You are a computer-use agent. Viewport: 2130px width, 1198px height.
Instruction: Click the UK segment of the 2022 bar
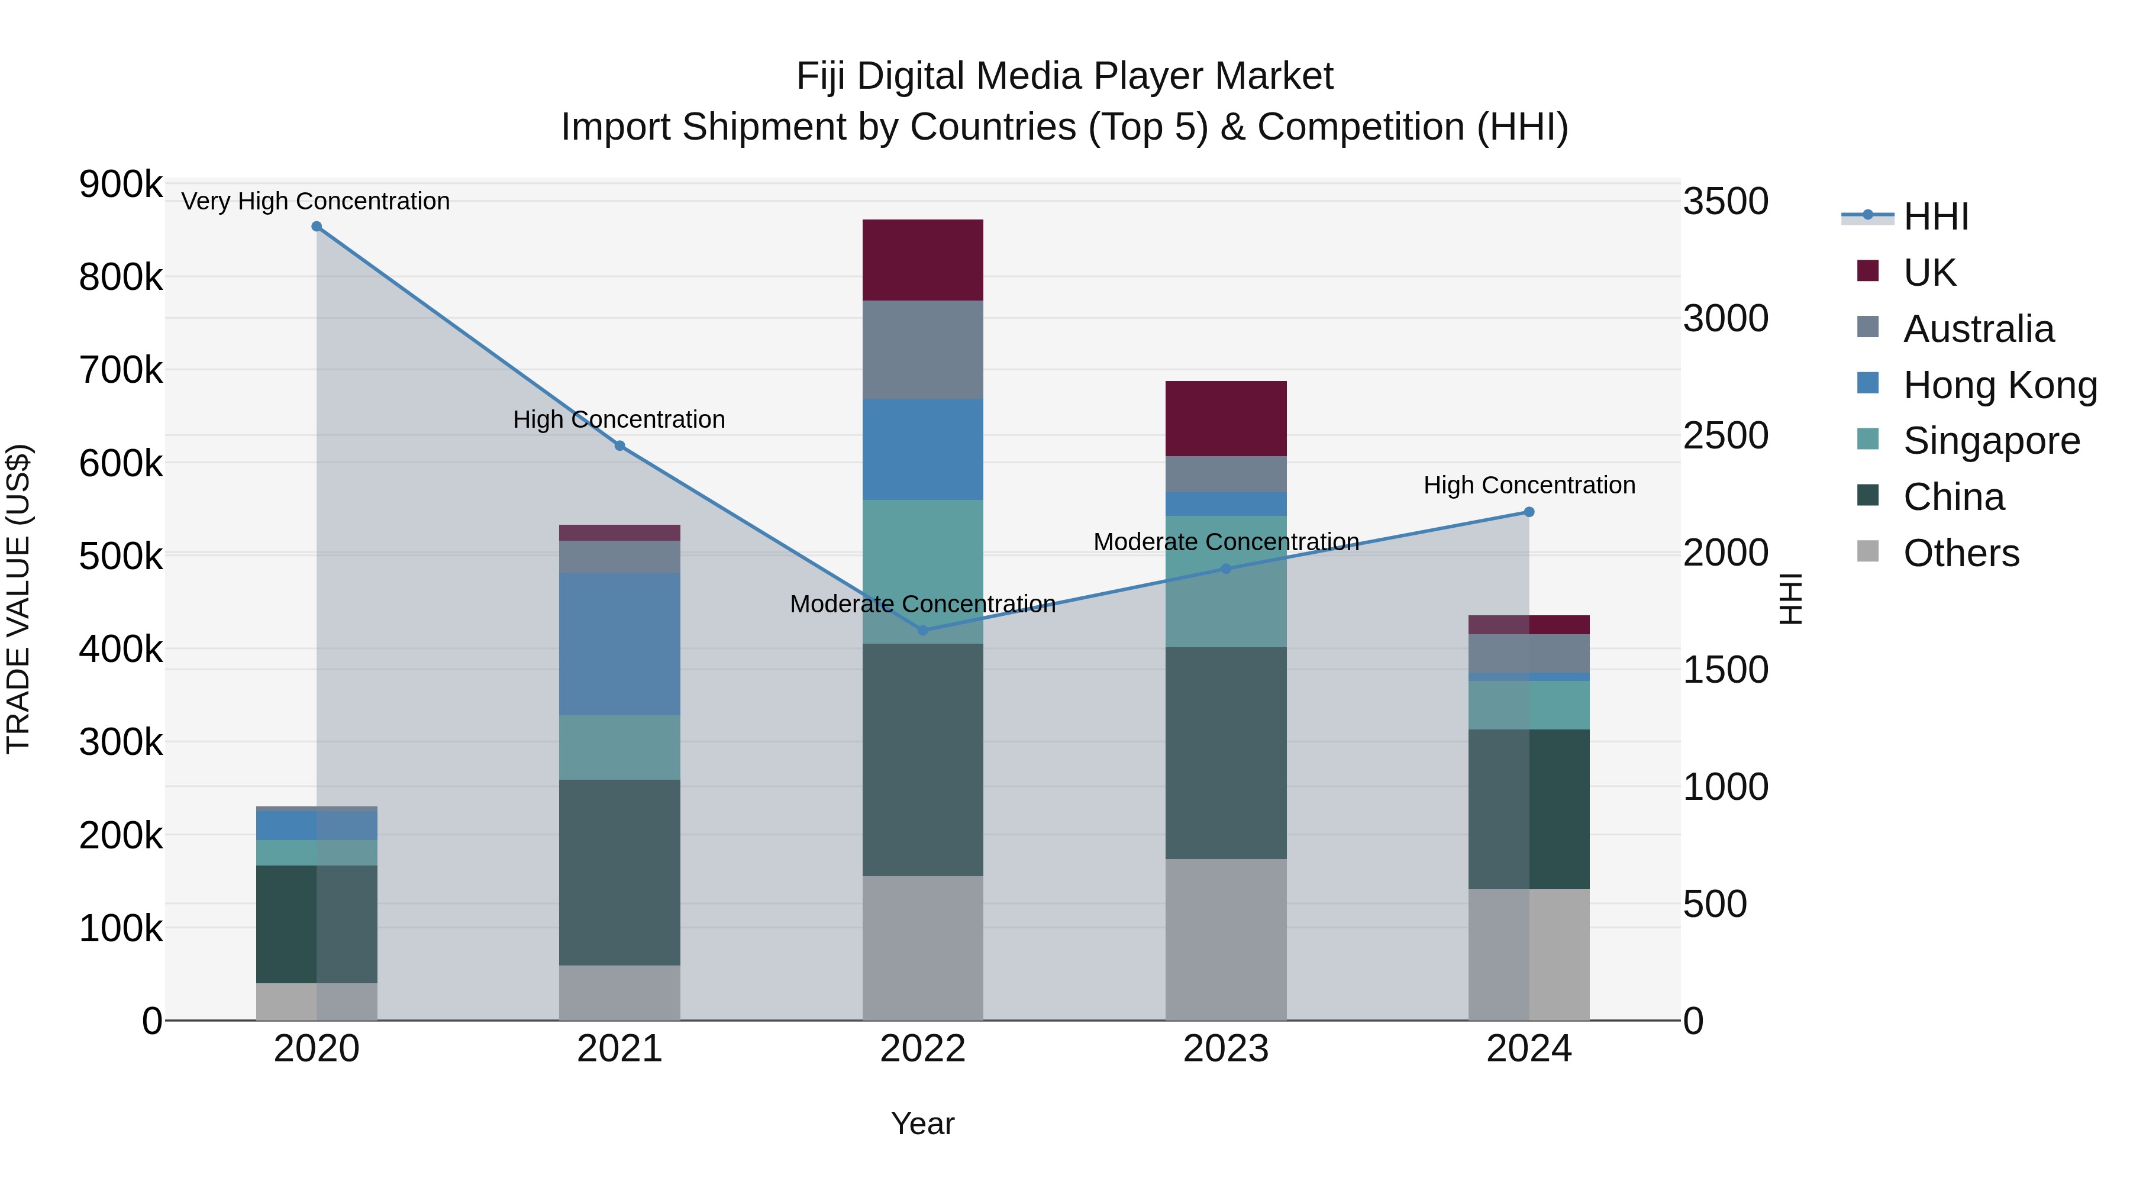pos(923,260)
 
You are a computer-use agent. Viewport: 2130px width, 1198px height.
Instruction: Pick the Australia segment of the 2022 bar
pos(923,349)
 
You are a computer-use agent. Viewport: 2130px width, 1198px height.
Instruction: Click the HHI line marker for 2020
pos(317,227)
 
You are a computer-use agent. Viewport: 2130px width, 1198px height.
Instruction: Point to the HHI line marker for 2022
pos(923,630)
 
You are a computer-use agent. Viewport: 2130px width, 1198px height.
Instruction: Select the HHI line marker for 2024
pos(1529,512)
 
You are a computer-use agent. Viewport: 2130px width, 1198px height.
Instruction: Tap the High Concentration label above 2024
pos(1529,485)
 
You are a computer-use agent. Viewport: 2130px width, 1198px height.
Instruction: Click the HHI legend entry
pos(1935,217)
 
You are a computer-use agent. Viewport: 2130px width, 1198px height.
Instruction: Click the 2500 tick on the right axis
pos(1726,435)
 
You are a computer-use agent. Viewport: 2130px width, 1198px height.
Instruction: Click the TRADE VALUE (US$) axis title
pos(18,599)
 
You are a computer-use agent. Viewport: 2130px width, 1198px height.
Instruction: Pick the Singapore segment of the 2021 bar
pos(619,747)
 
